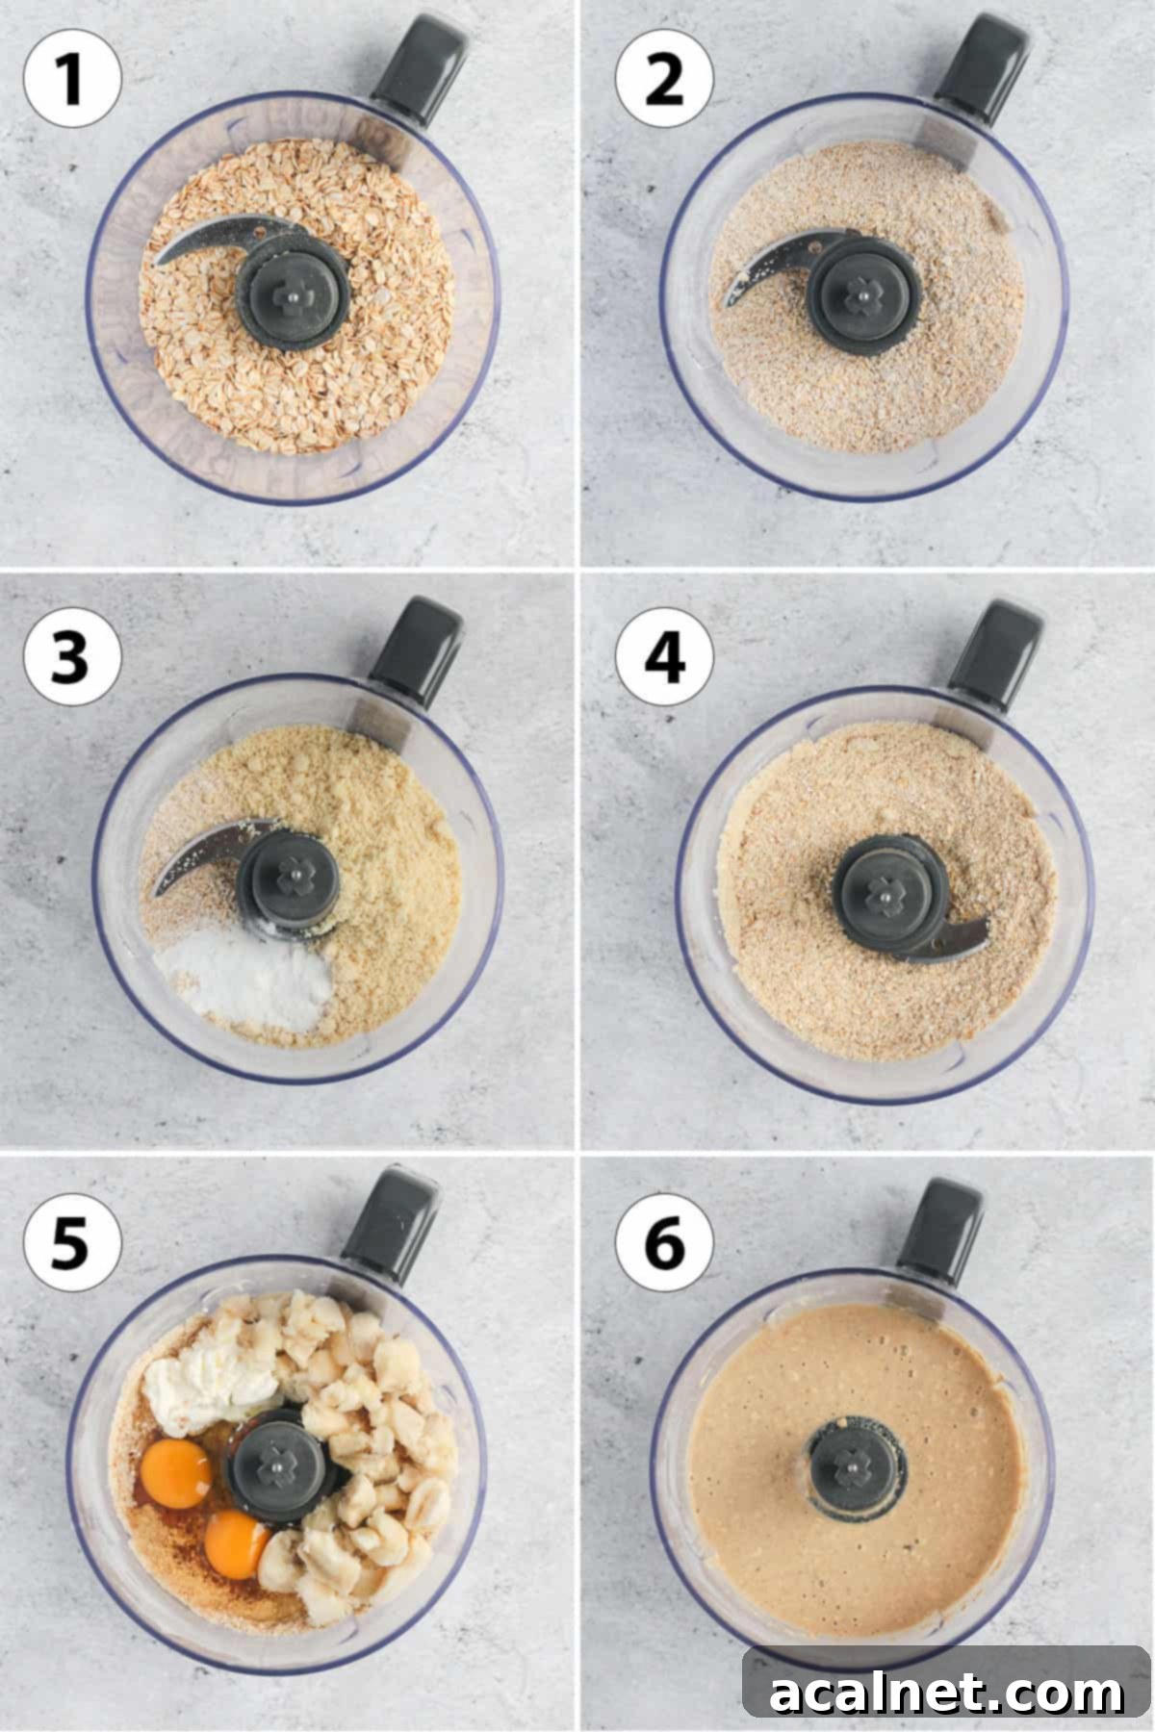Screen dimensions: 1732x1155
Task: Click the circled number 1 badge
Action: [72, 78]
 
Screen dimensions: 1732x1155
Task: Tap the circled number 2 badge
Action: [664, 78]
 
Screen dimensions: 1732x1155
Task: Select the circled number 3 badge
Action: [72, 660]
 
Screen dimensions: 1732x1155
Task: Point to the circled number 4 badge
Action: [664, 660]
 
